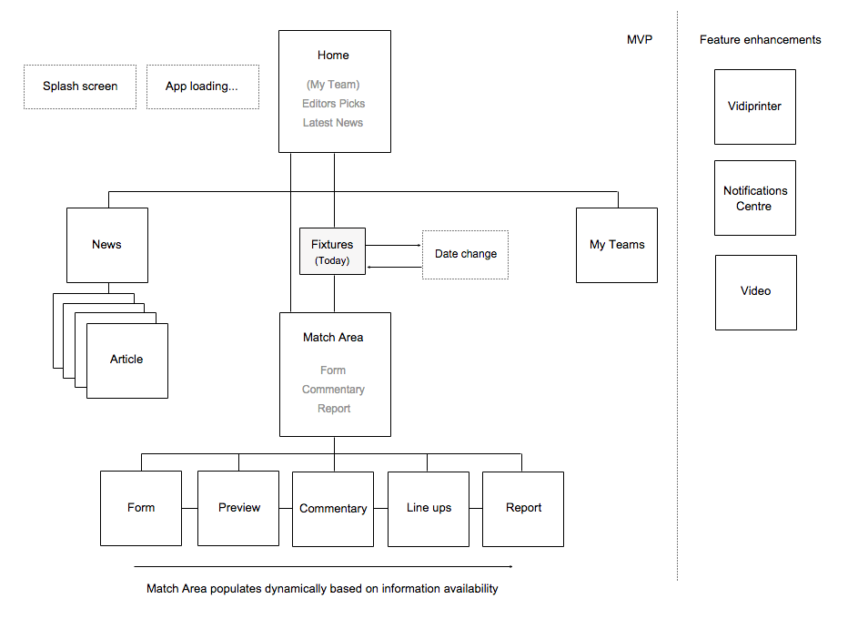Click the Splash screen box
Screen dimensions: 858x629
(x=80, y=87)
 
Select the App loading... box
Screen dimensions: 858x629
(x=203, y=87)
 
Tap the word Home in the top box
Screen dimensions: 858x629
(x=333, y=56)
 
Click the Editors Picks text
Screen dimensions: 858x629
(x=333, y=104)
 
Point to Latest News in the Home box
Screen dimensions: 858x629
(x=333, y=123)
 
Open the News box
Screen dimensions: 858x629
(x=107, y=245)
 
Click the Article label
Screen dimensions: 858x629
(x=126, y=360)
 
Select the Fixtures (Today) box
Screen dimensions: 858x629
(x=333, y=251)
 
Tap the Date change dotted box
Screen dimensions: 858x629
(x=465, y=255)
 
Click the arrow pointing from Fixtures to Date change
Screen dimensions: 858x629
(x=393, y=245)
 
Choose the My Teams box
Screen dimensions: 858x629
(x=617, y=245)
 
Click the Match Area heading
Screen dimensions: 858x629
(x=333, y=337)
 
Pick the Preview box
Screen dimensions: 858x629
(x=238, y=508)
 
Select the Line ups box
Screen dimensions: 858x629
(x=429, y=509)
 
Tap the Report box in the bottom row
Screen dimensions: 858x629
(x=523, y=509)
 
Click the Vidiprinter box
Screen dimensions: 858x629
(x=755, y=107)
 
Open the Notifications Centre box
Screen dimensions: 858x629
(x=755, y=198)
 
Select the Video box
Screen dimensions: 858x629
(x=756, y=292)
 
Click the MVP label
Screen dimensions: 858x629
(x=640, y=39)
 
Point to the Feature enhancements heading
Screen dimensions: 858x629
(x=760, y=39)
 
